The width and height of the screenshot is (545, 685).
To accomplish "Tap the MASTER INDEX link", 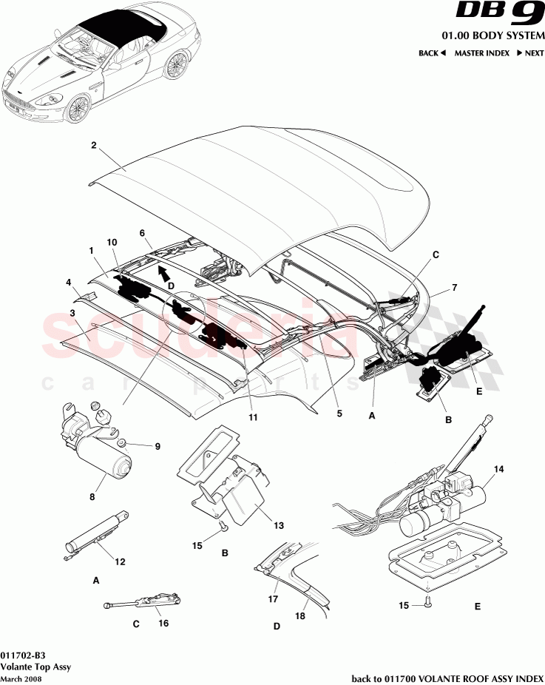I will click(483, 53).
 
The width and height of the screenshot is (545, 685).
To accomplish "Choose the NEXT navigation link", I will click(530, 53).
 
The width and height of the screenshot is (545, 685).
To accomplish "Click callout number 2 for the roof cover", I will click(94, 146).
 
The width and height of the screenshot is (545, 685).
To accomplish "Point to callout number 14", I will click(498, 470).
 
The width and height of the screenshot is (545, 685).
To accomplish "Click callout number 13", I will click(278, 526).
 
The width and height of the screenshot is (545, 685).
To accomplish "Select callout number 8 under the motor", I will click(92, 498).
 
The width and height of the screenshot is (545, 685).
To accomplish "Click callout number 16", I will click(163, 623).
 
